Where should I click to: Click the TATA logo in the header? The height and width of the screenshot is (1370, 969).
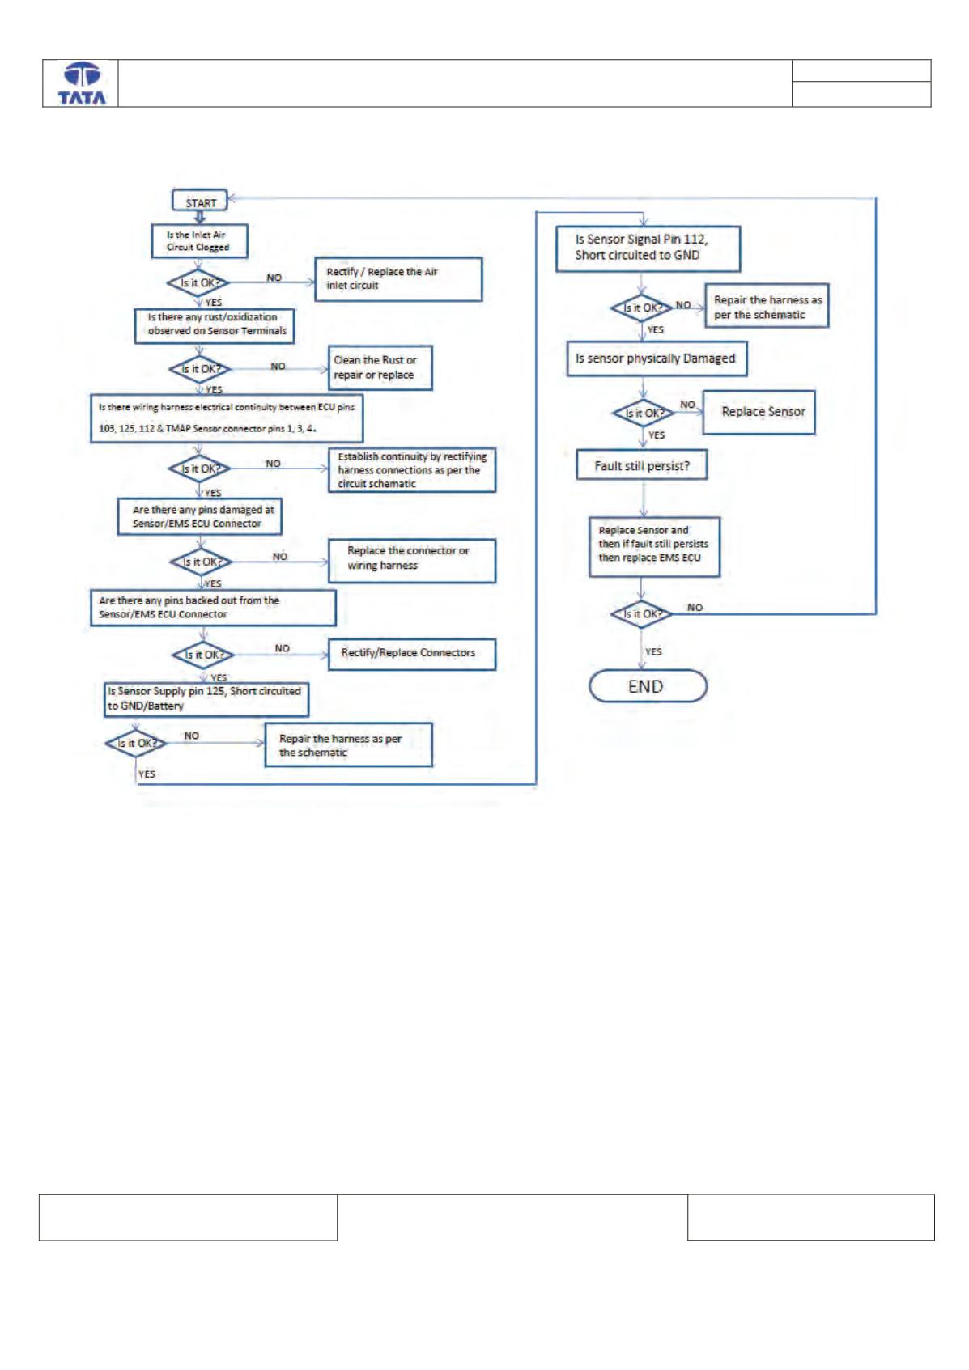(82, 83)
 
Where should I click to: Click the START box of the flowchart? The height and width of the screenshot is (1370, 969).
(200, 200)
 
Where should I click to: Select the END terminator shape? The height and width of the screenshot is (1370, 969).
(648, 685)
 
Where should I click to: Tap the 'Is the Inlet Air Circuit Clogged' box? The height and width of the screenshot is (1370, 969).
(199, 241)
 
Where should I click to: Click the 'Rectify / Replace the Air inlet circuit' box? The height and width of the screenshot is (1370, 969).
(398, 279)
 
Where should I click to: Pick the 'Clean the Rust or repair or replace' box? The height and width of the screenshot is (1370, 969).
(380, 367)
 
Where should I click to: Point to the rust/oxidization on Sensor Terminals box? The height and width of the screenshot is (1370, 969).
(215, 325)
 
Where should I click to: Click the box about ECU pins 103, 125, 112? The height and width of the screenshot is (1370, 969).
(227, 418)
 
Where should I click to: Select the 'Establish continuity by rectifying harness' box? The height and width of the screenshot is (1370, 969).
(412, 469)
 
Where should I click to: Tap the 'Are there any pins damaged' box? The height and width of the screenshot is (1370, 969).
(200, 516)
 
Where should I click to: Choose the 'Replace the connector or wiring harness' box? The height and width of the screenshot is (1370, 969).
(412, 560)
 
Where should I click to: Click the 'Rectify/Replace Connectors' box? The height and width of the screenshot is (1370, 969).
(412, 655)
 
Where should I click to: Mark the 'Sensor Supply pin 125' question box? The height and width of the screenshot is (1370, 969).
(206, 699)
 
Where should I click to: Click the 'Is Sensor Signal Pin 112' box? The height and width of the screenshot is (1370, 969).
(648, 248)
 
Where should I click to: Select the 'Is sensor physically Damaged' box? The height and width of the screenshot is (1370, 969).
(657, 358)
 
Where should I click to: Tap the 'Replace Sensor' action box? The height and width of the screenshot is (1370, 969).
(759, 412)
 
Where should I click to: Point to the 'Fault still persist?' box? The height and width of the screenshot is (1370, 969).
(642, 464)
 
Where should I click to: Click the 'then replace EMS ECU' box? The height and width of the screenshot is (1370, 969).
(654, 547)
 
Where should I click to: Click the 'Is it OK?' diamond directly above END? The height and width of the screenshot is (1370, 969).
(642, 613)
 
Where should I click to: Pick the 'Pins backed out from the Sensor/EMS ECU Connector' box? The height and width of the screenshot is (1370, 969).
(213, 608)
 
